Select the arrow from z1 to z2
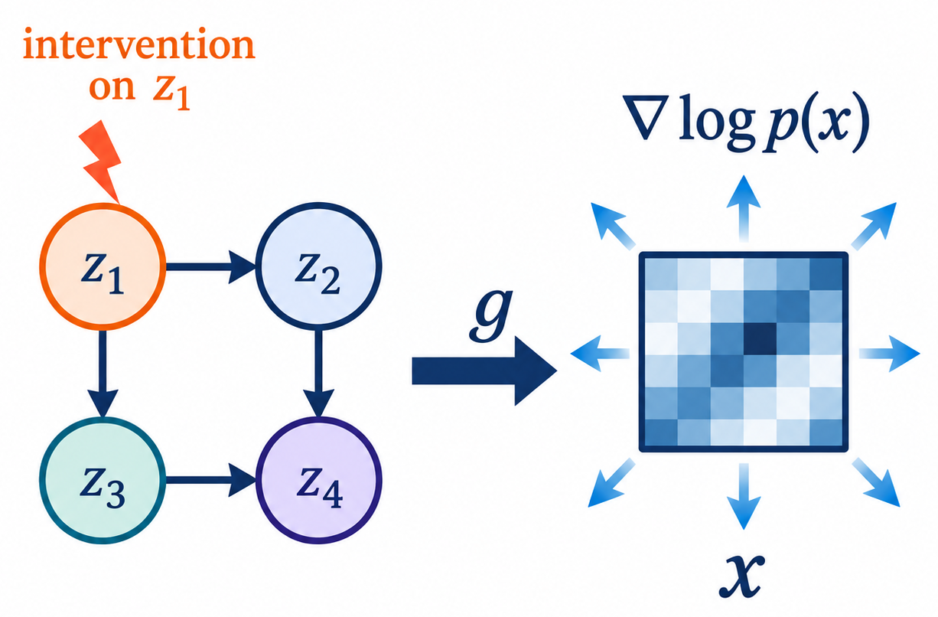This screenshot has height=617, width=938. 210,267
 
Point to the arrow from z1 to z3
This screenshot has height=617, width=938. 103,374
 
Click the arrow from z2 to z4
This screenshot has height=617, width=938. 319,374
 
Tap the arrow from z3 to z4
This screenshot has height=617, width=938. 210,480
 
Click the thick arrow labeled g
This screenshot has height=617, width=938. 484,371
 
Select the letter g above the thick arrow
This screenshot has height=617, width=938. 490,315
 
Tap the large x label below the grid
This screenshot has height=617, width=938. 741,576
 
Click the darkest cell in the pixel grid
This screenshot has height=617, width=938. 760,338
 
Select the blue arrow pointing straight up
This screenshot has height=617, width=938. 743,208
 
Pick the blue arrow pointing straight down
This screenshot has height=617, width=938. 743,497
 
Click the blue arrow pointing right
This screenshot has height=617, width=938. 890,354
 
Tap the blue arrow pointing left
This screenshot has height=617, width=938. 600,354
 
